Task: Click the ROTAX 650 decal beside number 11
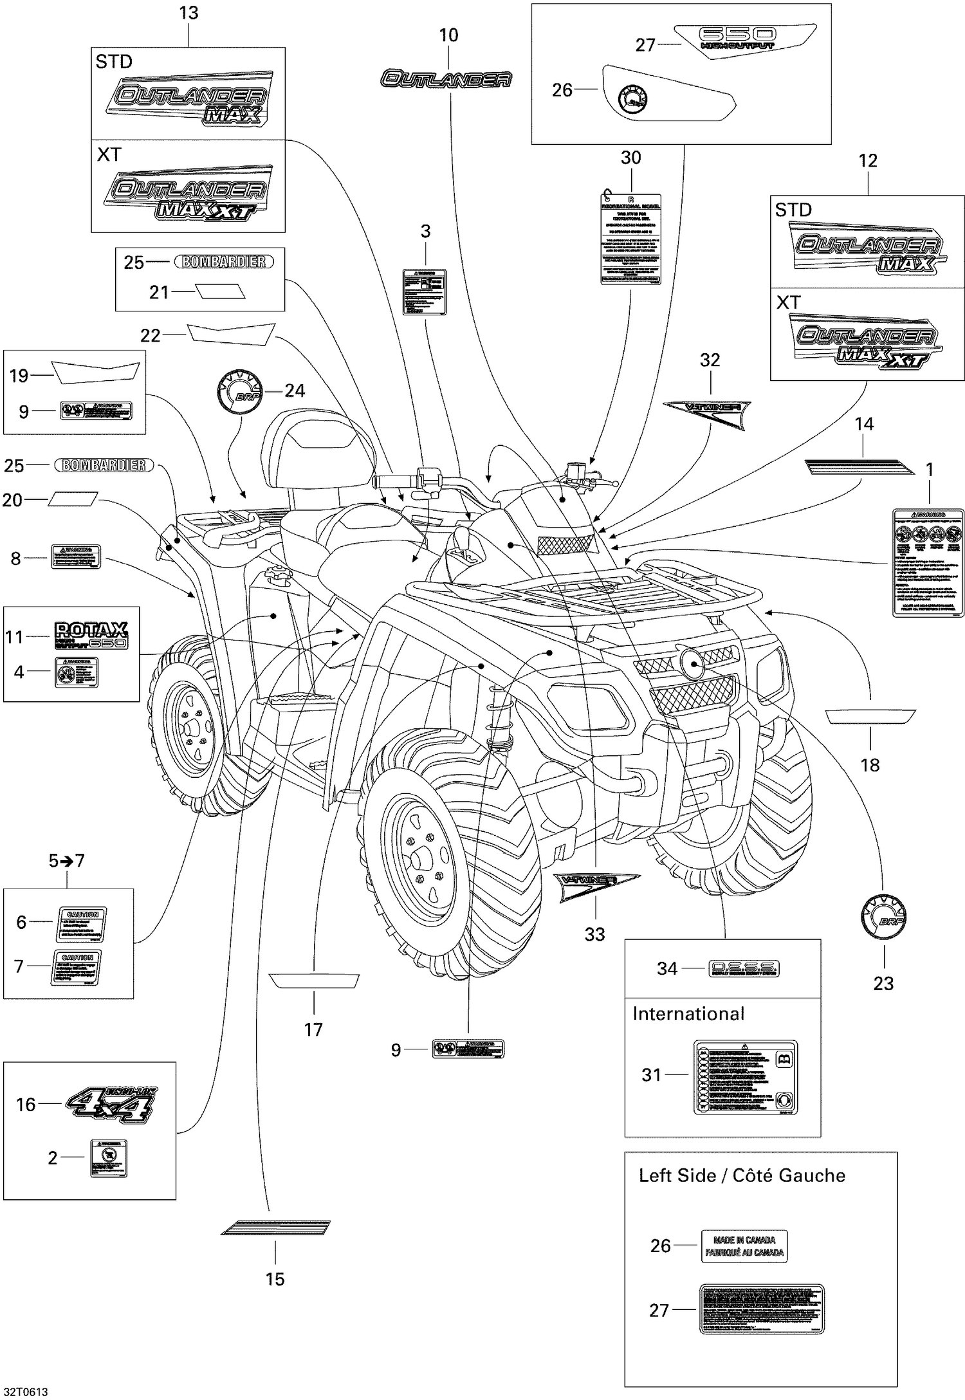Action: [x=91, y=635]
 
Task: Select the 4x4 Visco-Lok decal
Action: [x=111, y=1104]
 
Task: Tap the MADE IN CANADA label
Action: [x=744, y=1246]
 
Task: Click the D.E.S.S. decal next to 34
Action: [x=743, y=968]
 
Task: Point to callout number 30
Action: [x=630, y=158]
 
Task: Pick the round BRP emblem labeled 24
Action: [x=238, y=391]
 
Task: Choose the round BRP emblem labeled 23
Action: [x=883, y=918]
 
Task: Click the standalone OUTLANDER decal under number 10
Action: [x=446, y=78]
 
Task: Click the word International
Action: [x=688, y=1013]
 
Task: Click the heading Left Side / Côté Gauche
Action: [x=741, y=1175]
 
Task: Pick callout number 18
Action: [x=870, y=765]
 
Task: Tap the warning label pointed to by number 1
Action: [x=928, y=562]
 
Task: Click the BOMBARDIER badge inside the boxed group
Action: [x=223, y=262]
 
